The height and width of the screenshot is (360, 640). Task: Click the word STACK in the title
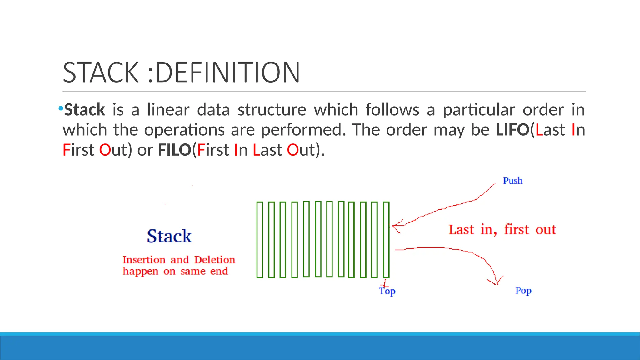(x=101, y=72)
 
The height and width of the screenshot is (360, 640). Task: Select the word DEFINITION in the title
(x=227, y=72)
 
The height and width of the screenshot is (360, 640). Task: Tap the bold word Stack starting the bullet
(x=84, y=110)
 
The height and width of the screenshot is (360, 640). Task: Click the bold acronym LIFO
(x=512, y=130)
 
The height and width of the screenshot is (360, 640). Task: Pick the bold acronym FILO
(x=174, y=150)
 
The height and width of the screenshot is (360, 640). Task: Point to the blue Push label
(x=512, y=181)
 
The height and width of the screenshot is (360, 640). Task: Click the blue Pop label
(x=523, y=291)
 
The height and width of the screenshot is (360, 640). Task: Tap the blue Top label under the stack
(x=387, y=291)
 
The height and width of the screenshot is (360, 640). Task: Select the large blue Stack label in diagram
(x=169, y=236)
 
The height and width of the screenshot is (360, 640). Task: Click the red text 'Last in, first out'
(x=502, y=230)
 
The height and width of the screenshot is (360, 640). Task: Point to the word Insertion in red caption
(x=144, y=260)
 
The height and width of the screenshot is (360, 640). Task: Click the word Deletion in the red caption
(x=215, y=260)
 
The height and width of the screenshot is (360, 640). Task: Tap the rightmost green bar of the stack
(x=386, y=240)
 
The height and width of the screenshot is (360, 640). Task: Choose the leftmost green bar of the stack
(x=260, y=240)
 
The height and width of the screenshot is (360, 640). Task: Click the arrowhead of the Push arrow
(x=394, y=225)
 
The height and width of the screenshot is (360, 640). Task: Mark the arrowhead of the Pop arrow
(x=496, y=283)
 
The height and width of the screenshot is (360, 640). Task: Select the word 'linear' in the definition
(x=168, y=110)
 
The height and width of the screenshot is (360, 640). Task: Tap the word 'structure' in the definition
(x=272, y=110)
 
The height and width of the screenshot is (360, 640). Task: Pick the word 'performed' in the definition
(x=303, y=130)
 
